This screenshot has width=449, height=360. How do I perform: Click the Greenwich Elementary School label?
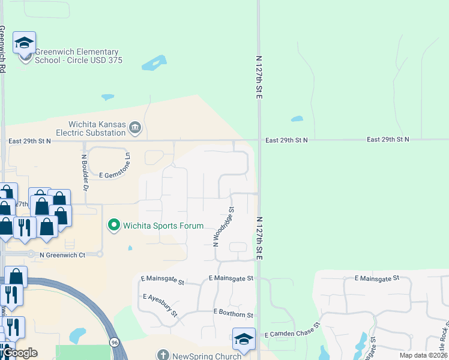pos(77,56)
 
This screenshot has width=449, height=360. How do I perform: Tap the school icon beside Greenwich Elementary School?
pos(24,43)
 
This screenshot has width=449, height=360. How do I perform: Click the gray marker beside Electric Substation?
pos(136,127)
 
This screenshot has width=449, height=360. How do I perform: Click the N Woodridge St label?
pos(223,226)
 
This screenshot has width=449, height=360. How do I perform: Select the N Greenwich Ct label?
pos(62,254)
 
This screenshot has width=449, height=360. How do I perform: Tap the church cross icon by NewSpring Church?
pos(162,355)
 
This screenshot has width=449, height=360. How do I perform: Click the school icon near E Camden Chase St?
pos(244,339)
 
